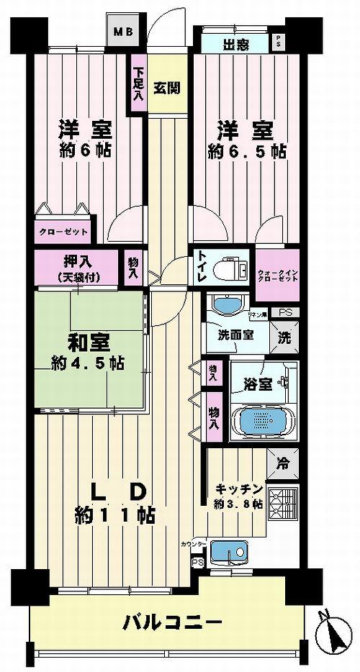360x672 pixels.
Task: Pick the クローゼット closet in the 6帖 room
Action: coord(63,232)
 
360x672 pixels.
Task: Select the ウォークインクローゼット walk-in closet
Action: coord(276,273)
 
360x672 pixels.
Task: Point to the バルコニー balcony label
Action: coord(171,620)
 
